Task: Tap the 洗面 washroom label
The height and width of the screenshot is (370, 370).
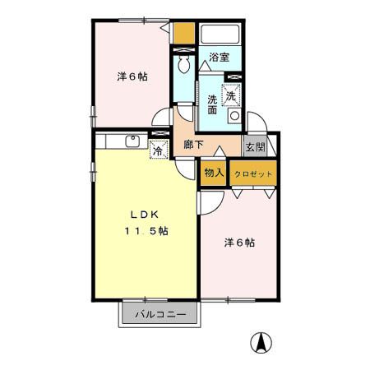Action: pos(212,104)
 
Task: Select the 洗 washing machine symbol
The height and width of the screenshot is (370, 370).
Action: pos(232,95)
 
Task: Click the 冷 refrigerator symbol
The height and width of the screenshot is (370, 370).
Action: pos(157,150)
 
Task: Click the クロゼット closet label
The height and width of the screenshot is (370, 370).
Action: pos(252,174)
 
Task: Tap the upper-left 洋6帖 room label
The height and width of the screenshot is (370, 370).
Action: pos(132,77)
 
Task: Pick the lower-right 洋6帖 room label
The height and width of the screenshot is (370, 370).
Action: pos(239,243)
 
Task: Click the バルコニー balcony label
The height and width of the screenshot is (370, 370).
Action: pos(160,315)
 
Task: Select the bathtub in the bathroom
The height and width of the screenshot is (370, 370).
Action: pos(220,35)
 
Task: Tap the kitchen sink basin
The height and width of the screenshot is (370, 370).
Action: pos(132,141)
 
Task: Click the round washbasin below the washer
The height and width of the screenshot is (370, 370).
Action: pos(234,117)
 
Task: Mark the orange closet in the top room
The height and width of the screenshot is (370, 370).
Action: pos(185,35)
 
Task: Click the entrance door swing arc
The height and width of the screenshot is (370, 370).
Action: pos(251,122)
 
